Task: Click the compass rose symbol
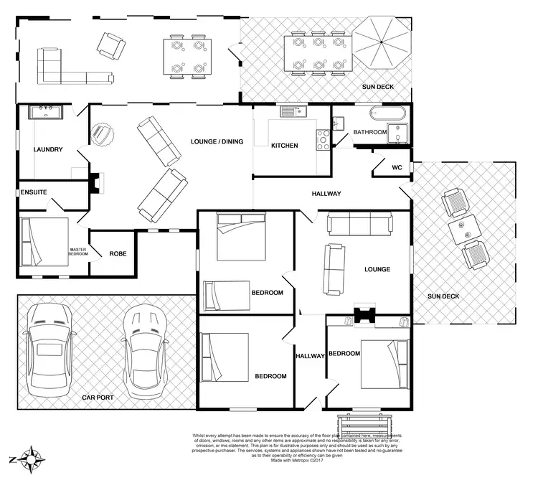click(x=32, y=458)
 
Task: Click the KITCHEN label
click(x=284, y=146)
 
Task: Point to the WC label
click(x=397, y=168)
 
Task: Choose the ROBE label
click(x=118, y=253)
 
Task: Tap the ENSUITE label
click(x=34, y=192)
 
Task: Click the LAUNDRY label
click(x=48, y=150)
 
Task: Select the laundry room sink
click(x=46, y=113)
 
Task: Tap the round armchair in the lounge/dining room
click(x=102, y=134)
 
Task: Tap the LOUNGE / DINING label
click(x=217, y=141)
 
